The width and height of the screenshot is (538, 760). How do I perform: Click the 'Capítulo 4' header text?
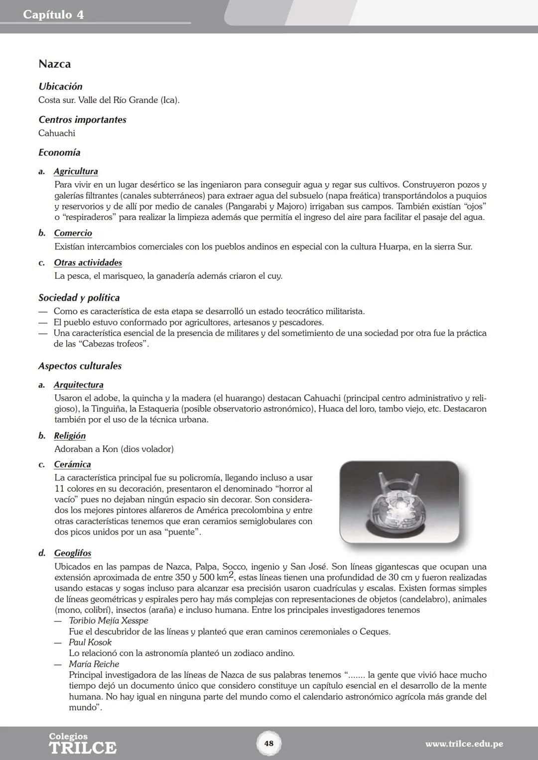53,14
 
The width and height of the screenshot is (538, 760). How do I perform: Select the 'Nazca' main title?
54,64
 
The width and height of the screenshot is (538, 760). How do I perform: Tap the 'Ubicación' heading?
60,87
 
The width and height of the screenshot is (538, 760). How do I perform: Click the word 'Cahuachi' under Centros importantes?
57,133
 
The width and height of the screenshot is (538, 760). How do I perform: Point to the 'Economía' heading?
59,153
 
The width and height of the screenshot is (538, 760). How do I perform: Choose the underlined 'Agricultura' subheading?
76,171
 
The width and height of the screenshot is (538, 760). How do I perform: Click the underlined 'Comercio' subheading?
73,233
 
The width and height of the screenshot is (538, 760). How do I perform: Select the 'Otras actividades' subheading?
88,262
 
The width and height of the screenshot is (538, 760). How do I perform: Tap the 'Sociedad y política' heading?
79,298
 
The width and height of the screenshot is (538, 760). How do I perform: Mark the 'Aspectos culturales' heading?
80,366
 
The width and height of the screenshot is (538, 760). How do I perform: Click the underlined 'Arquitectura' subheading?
79,385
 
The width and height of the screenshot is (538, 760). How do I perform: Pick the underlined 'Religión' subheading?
70,435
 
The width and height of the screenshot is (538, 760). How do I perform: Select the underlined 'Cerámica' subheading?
72,464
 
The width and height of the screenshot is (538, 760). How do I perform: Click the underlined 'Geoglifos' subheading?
72,553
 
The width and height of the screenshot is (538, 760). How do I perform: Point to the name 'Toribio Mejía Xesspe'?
108,621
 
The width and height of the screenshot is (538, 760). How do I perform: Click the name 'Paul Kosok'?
90,642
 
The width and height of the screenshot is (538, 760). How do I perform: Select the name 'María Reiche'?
94,664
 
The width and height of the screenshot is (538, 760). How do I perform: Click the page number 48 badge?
269,744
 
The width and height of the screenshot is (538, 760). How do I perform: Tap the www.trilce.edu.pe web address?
464,744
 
